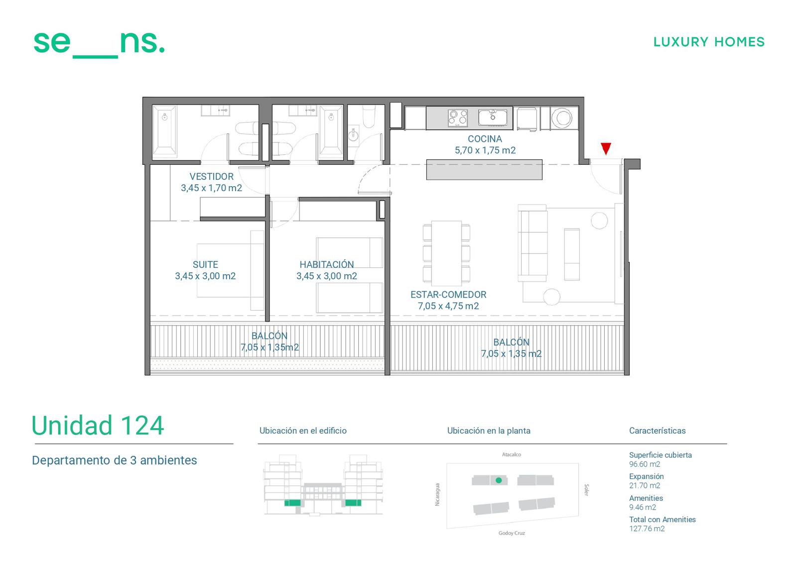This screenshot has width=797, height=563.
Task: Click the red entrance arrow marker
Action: (606, 148)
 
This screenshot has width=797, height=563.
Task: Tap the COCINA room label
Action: (485, 139)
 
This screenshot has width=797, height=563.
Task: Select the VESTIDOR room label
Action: (211, 176)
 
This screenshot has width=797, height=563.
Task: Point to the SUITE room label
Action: (205, 265)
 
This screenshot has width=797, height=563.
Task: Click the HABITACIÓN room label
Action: (327, 264)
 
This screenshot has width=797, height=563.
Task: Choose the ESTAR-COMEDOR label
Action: (448, 295)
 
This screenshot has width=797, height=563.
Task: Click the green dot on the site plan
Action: (499, 480)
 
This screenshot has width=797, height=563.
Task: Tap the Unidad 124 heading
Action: (98, 426)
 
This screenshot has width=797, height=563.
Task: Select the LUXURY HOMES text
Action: (709, 42)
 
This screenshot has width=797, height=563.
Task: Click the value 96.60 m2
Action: (645, 464)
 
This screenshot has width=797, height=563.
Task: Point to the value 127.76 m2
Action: (647, 529)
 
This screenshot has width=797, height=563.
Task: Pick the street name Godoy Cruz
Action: (512, 533)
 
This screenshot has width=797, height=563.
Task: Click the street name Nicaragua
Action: (437, 494)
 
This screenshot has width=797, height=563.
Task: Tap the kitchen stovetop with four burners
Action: (458, 118)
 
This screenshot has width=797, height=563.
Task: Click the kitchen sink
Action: (493, 117)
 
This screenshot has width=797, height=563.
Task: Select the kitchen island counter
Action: (484, 170)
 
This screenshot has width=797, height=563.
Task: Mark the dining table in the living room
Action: (446, 253)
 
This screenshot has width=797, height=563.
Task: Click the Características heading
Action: (657, 431)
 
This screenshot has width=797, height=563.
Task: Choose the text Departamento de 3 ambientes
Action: (114, 460)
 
